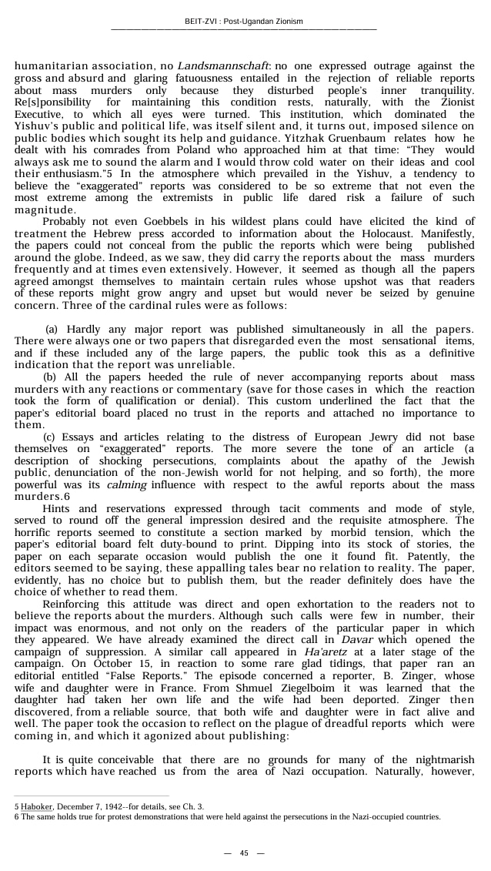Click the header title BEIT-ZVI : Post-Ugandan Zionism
[244, 21]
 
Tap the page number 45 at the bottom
[244, 853]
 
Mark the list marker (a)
[52, 330]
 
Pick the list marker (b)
[50, 377]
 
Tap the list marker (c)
[50, 435]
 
